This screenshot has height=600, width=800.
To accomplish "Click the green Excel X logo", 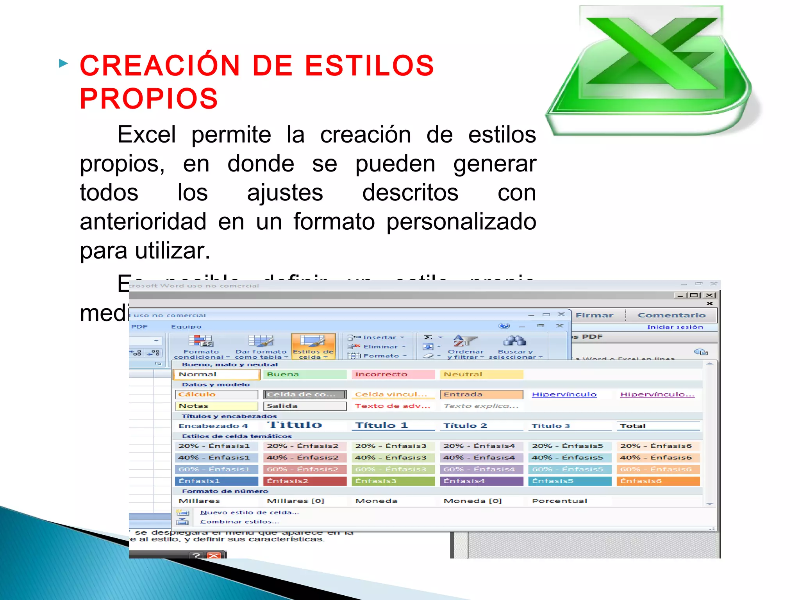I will point(652,70).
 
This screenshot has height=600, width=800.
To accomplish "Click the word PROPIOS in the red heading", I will point(149,98).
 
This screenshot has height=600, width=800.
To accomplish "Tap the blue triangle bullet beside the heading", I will point(63,63).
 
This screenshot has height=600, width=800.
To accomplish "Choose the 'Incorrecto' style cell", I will point(393,374).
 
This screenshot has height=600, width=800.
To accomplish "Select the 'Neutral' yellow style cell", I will point(481,374).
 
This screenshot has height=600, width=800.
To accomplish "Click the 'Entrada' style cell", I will point(481,395).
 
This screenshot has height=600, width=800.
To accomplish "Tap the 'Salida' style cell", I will point(305,406).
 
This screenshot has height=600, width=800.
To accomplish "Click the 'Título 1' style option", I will point(393,425).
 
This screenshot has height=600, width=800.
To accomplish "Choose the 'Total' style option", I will point(658,426).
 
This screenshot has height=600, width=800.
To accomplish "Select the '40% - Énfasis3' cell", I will point(393,457).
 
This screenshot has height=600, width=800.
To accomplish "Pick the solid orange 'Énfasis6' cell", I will point(658,481).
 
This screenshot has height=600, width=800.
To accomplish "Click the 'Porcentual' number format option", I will point(559,501).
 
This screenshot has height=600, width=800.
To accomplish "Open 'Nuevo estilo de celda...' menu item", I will point(249,512).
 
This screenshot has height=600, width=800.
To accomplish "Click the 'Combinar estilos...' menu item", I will point(239,522).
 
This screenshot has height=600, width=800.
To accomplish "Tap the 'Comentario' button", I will point(671,315).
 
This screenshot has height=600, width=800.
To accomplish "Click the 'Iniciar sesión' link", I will point(675,327).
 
